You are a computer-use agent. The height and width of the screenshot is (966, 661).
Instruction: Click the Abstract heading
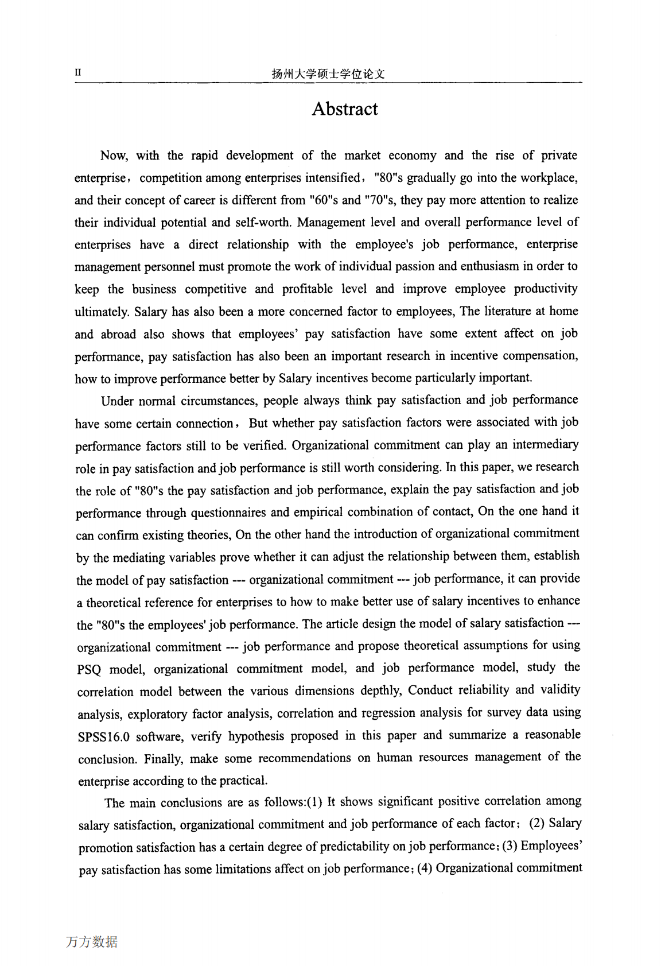tap(344, 109)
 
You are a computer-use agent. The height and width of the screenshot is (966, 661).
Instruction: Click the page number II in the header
tap(78, 73)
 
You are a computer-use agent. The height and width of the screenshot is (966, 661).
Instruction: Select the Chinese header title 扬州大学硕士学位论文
tap(328, 74)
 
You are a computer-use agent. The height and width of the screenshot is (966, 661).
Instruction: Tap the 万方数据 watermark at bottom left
tap(92, 942)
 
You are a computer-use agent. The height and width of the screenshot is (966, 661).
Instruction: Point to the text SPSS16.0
tap(103, 737)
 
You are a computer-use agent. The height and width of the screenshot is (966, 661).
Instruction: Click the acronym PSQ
tap(89, 670)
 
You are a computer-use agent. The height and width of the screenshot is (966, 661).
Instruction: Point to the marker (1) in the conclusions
tap(314, 802)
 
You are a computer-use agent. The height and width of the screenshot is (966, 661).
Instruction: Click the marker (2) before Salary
tap(536, 824)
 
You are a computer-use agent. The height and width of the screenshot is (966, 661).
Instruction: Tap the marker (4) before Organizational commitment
tap(424, 868)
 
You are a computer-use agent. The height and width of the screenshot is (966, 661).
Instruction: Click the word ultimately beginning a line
tap(102, 312)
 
